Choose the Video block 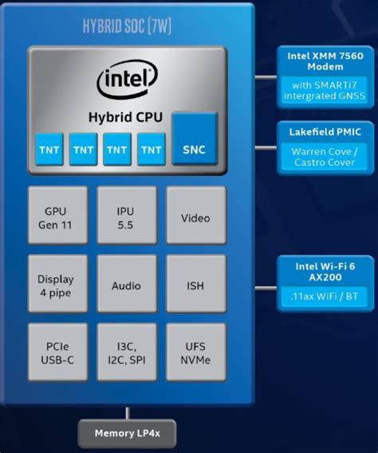(x=195, y=217)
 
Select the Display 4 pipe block (x=55, y=285)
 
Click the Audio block (x=126, y=285)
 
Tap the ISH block (x=195, y=285)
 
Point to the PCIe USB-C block (x=55, y=352)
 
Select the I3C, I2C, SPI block (x=126, y=352)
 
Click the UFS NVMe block (x=195, y=352)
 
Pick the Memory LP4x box (x=127, y=434)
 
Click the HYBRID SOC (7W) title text (x=127, y=26)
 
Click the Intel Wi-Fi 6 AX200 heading (x=324, y=269)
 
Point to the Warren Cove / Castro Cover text (x=324, y=157)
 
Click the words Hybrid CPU (x=126, y=117)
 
